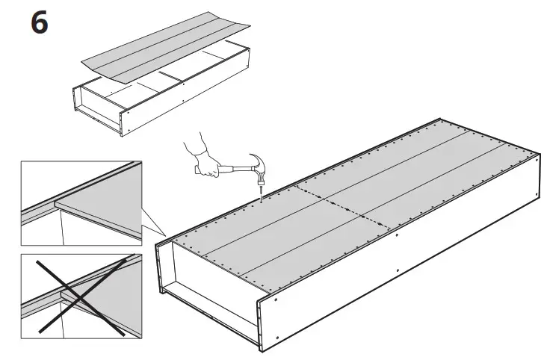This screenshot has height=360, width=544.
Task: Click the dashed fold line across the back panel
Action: (x=336, y=202)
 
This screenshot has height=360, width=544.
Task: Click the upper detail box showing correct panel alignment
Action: (x=81, y=202)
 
